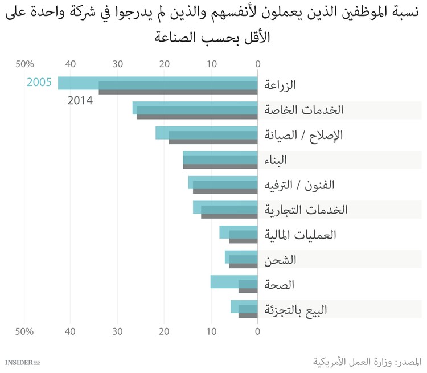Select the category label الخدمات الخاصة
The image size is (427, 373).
tap(304, 110)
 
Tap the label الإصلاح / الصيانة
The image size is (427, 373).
tap(304, 135)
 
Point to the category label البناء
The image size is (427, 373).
tap(276, 160)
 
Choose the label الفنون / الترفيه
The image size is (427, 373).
tap(300, 185)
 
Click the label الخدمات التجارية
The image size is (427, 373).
tap(306, 210)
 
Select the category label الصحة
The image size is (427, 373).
tap(280, 284)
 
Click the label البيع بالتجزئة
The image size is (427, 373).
tap(296, 310)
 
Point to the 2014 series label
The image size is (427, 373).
tap(80, 101)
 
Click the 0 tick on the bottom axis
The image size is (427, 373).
tap(257, 331)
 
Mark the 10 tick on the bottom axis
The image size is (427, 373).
tap(211, 331)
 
